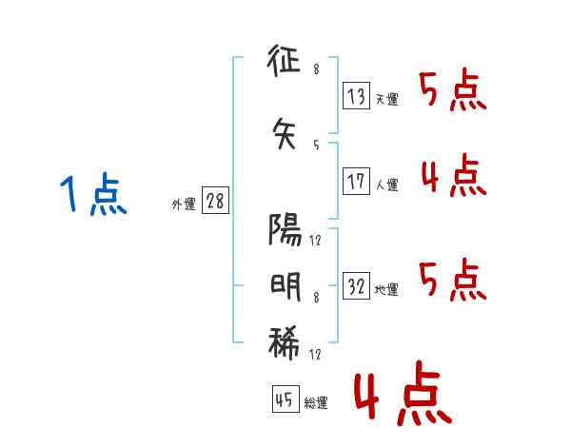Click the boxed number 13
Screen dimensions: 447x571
pos(356,96)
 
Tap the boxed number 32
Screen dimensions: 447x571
pos(356,287)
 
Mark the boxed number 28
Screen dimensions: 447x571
pos(215,203)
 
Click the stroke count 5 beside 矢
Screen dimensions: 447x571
pos(316,145)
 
